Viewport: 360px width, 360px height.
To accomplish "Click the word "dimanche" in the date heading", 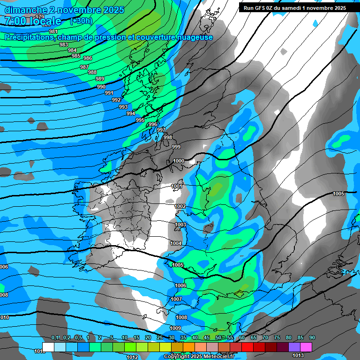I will click(x=24, y=9).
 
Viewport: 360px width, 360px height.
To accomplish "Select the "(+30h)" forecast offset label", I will click(x=81, y=21).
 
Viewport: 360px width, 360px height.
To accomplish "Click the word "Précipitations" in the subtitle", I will click(x=28, y=37).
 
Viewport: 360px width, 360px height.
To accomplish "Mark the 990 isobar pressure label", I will click(x=101, y=87).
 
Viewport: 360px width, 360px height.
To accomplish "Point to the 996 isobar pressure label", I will click(x=152, y=124).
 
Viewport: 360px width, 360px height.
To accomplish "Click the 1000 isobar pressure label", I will click(x=179, y=161).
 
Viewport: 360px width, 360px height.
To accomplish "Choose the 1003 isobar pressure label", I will click(x=180, y=225).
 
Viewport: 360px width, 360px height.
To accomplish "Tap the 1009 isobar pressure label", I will click(x=175, y=328).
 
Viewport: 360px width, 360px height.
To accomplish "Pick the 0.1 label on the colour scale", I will click(x=55, y=338).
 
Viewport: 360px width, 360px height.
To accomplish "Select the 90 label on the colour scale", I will click(x=312, y=338).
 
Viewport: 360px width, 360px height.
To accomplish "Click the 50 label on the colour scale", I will click(x=218, y=338).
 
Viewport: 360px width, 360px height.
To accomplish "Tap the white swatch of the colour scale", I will click(x=48, y=346).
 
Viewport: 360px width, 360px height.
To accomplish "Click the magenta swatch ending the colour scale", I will click(x=306, y=346).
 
